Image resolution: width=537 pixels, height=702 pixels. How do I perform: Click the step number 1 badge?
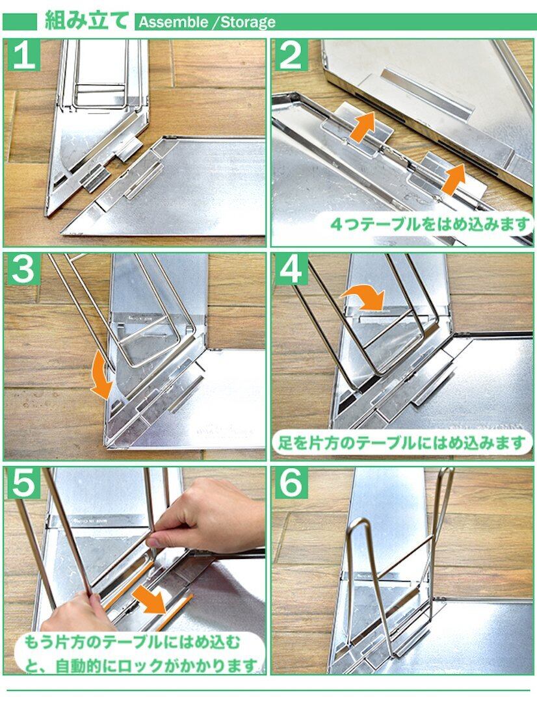[24, 55]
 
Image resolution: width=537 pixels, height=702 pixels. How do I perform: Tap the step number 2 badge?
[291, 55]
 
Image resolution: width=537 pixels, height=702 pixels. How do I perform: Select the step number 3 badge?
[24, 270]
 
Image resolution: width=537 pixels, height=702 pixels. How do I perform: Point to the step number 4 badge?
[291, 270]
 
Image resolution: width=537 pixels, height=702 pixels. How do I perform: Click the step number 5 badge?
[24, 484]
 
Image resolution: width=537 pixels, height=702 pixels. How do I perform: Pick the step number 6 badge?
[291, 484]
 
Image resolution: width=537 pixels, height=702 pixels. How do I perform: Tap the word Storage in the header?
[248, 22]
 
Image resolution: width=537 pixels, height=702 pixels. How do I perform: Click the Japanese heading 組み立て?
[86, 21]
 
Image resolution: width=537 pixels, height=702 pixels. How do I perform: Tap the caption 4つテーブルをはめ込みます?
[430, 224]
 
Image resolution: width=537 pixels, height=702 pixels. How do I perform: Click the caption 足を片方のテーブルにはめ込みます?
[402, 443]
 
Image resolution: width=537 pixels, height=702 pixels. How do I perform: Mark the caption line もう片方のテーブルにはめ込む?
[132, 643]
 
